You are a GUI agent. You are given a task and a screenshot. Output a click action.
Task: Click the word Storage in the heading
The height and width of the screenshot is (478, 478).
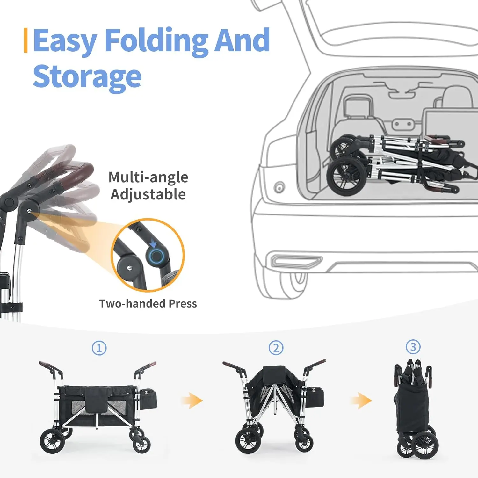tap(87, 76)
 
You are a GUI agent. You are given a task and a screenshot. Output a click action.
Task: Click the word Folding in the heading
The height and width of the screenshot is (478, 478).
tap(156, 41)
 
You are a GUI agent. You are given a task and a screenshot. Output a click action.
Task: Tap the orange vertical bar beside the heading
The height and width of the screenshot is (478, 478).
tap(25, 40)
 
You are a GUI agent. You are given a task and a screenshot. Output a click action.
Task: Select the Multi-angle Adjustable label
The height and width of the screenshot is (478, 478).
tap(148, 185)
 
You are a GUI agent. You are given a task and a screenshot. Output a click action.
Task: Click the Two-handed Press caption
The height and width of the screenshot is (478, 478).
tap(148, 303)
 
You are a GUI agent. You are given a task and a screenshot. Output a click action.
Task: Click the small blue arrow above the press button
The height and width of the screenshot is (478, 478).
tap(153, 243)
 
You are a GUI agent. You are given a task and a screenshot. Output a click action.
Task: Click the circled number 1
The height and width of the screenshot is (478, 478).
tap(99, 348)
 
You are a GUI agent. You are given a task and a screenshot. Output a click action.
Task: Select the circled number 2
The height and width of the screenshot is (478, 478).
tap(276, 348)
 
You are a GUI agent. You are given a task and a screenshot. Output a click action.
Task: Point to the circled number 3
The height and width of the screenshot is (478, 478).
tap(413, 347)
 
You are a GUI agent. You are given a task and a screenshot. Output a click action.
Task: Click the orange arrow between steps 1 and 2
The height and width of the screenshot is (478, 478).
tap(192, 400)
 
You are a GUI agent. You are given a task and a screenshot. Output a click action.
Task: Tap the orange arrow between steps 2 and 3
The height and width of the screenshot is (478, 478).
tap(361, 400)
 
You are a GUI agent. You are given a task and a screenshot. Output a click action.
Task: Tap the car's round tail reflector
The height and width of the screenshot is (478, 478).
tap(279, 187)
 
